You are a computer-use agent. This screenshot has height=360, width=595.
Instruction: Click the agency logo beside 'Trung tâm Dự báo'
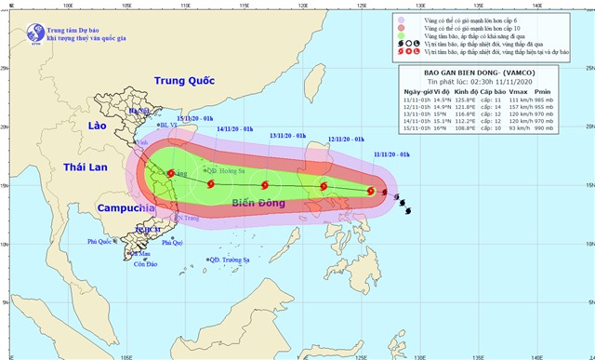[13, 16]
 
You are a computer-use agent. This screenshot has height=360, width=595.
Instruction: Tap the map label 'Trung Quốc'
[184, 81]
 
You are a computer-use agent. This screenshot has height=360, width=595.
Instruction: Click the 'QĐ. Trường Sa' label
[229, 260]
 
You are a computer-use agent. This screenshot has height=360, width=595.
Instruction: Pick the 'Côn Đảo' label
[144, 264]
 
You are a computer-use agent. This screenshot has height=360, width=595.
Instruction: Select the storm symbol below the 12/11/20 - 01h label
[324, 187]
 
